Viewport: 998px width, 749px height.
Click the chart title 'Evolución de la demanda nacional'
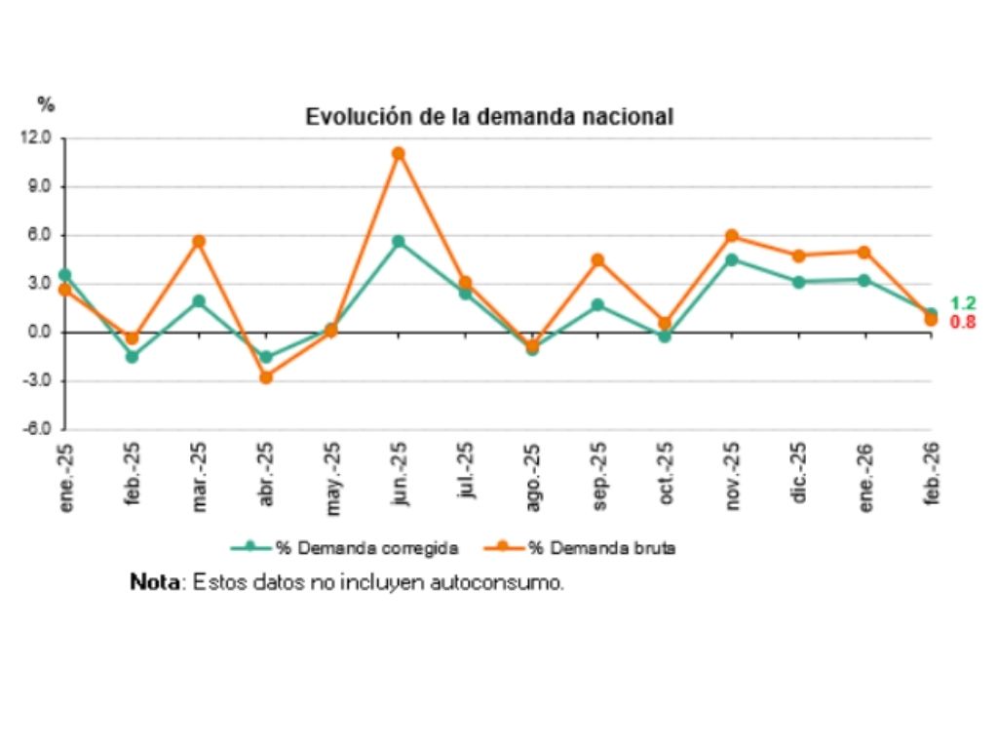tap(489, 116)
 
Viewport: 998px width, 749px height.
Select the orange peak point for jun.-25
tap(399, 153)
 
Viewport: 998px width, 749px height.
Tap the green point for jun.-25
tap(399, 241)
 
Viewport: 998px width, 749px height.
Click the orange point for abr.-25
tap(265, 376)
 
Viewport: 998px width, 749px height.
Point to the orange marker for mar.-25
tap(199, 241)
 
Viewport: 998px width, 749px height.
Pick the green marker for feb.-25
tap(132, 357)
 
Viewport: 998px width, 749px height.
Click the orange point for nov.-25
tap(731, 236)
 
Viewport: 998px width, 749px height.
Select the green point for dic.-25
tap(798, 282)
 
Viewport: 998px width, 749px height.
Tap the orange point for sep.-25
tap(597, 260)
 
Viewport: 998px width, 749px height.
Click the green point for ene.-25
tap(65, 275)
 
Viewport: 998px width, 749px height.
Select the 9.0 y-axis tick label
tap(40, 187)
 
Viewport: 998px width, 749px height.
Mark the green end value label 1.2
tap(963, 303)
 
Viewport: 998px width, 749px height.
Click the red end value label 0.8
tap(963, 322)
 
